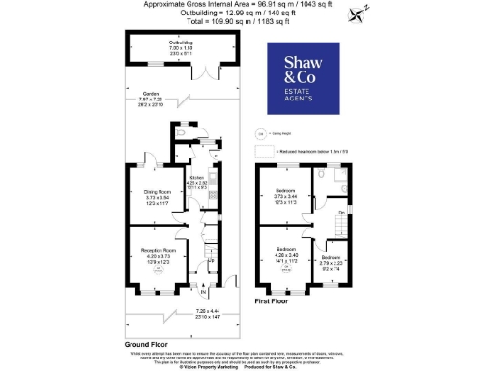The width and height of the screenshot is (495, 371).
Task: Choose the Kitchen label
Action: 197,179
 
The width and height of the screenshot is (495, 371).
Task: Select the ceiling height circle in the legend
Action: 259,133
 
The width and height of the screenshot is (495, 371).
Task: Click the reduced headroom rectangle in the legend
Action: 263,152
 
